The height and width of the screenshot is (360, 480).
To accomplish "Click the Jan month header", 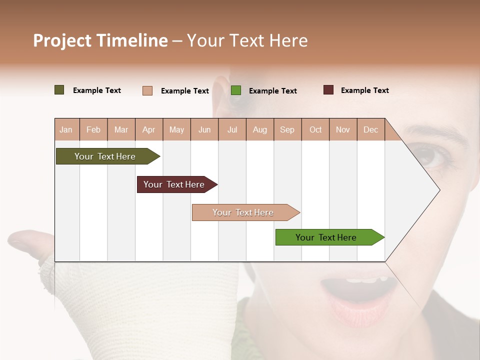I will pyautogui.click(x=66, y=129).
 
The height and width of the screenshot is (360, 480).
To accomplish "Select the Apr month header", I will pyautogui.click(x=148, y=129).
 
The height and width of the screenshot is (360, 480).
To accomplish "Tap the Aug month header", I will pyautogui.click(x=259, y=129).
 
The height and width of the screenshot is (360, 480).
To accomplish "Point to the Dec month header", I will pyautogui.click(x=370, y=129).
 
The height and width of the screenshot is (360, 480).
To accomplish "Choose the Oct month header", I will pyautogui.click(x=315, y=129).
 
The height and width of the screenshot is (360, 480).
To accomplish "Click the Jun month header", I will pyautogui.click(x=204, y=129).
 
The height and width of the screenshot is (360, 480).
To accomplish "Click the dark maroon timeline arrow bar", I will pyautogui.click(x=175, y=184).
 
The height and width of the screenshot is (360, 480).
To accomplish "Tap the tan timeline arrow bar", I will pyautogui.click(x=244, y=212).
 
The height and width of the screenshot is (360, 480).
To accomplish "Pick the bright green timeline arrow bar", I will pyautogui.click(x=327, y=237).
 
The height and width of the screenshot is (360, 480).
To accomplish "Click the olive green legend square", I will pyautogui.click(x=59, y=90).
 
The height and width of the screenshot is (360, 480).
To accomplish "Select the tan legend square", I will pyautogui.click(x=147, y=90).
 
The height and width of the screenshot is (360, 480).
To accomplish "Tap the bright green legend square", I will pyautogui.click(x=236, y=90).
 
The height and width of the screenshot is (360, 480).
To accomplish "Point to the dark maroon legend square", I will pyautogui.click(x=328, y=90).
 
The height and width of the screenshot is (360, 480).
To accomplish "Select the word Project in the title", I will pyautogui.click(x=62, y=40).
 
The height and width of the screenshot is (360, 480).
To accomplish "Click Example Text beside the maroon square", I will pyautogui.click(x=364, y=90).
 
